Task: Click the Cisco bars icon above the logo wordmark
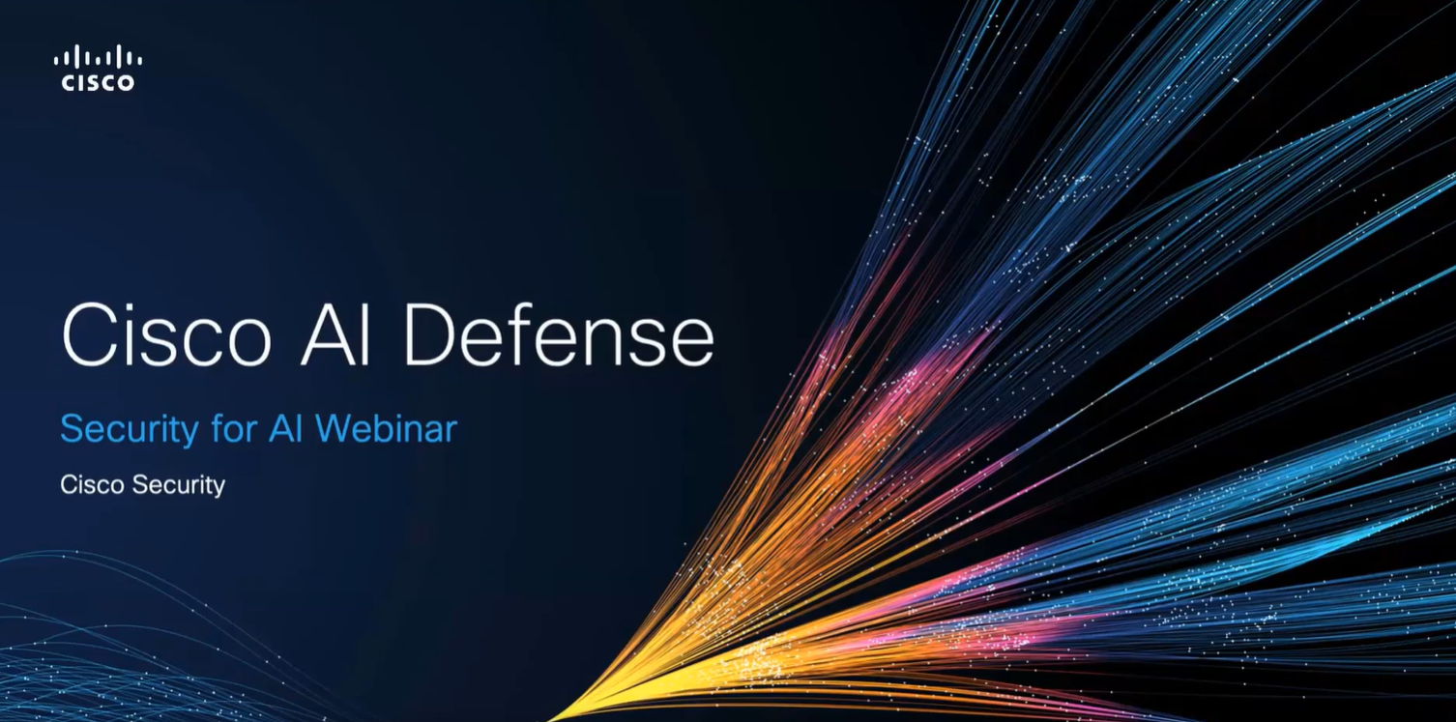99,56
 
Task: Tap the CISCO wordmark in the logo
99,82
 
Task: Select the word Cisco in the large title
166,335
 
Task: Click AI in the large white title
335,335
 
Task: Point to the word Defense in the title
559,335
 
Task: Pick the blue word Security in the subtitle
130,429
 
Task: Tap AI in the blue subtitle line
285,429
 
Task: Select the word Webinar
386,428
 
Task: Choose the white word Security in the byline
179,485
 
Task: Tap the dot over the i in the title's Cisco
133,308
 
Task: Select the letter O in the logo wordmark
125,82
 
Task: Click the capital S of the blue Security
71,429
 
